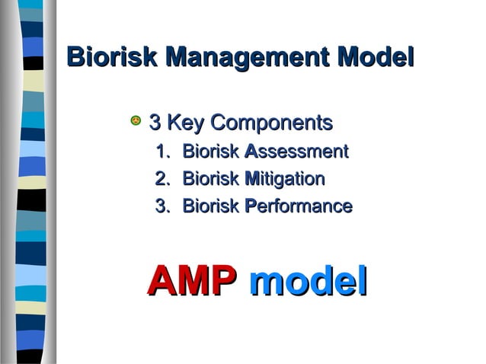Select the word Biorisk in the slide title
(x=113, y=57)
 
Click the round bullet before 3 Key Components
(x=135, y=121)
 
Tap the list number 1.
(x=160, y=152)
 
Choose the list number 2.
(x=160, y=179)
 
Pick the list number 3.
(x=160, y=206)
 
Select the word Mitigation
(x=284, y=180)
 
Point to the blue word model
(x=309, y=280)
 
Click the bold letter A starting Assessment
(x=251, y=152)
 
